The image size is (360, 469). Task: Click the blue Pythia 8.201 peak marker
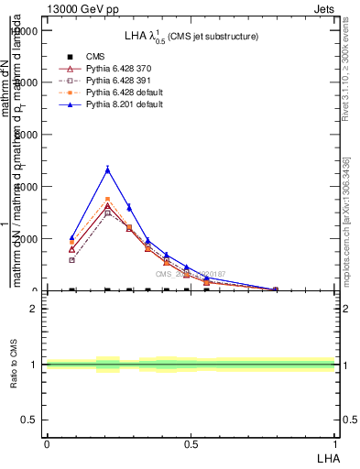(x=108, y=169)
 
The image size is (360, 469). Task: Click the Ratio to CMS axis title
(x=15, y=365)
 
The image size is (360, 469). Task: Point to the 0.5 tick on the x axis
(x=191, y=444)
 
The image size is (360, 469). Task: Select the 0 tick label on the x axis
(x=46, y=444)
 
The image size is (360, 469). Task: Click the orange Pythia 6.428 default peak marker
(x=108, y=199)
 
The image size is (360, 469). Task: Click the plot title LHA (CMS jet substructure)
(x=191, y=36)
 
